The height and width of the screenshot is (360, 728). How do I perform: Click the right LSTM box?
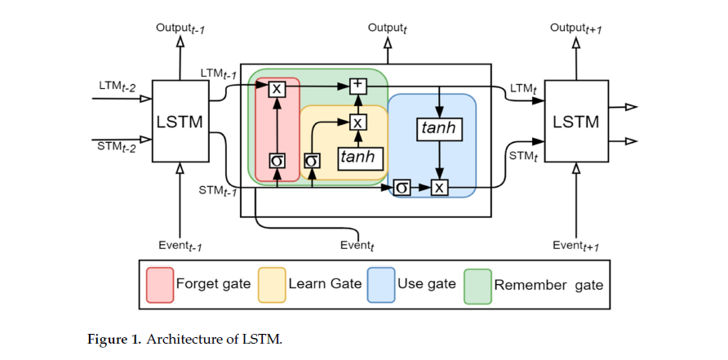coord(575,121)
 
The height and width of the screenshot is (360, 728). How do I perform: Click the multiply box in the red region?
coord(277,87)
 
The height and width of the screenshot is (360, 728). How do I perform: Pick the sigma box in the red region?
coord(277,161)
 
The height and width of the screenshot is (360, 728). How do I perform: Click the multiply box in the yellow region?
coord(357,122)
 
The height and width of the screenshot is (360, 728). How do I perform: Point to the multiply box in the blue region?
coord(440,188)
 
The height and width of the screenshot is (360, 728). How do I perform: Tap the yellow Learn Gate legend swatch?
coord(271,284)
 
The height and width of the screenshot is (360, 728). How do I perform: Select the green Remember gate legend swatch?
coord(477,284)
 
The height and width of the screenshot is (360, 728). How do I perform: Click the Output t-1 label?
coord(180,29)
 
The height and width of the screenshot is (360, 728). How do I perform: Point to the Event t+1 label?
coord(577,246)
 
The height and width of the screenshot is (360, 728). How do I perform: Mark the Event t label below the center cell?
coord(357,245)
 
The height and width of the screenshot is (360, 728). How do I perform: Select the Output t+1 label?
coord(576,29)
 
